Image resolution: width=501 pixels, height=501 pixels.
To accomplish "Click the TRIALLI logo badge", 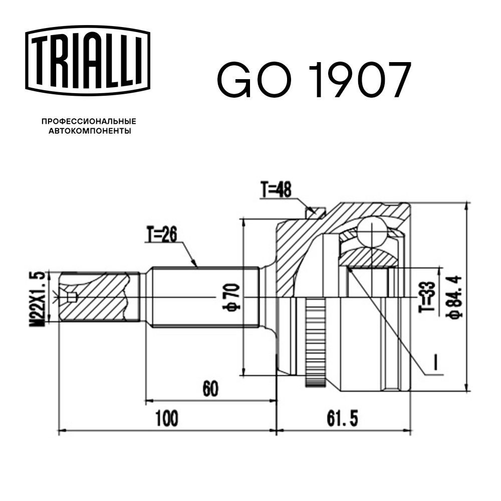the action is (x=88, y=61).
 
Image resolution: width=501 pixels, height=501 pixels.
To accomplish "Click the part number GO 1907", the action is (x=314, y=79).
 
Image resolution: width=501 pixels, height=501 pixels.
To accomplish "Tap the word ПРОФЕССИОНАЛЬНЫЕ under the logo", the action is (x=89, y=121).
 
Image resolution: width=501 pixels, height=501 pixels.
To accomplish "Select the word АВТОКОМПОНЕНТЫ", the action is (x=90, y=131).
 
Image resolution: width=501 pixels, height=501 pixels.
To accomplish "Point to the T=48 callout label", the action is (x=277, y=190).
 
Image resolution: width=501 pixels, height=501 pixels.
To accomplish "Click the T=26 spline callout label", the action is (x=162, y=235).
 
